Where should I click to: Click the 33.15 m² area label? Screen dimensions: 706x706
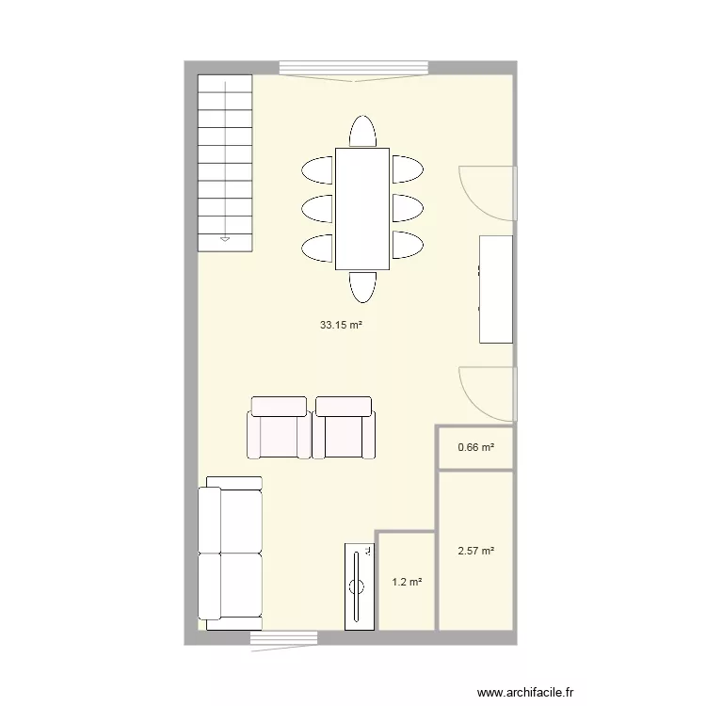coord(342,326)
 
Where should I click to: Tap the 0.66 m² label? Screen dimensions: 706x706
coord(475,447)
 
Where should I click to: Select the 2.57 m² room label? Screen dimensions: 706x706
coord(475,552)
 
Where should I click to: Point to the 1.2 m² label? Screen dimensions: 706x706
coord(406,583)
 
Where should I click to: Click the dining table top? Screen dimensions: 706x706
coord(361,208)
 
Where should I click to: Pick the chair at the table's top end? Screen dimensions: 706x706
coord(361,132)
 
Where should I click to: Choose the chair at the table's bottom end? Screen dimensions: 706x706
coord(361,285)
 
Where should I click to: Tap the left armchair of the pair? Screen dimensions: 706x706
coord(278,428)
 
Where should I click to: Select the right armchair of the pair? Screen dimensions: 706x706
coord(344,428)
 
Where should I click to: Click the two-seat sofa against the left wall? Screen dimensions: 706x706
coord(231,553)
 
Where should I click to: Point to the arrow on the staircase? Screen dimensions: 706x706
coord(225,240)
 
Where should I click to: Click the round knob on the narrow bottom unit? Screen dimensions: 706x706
coord(357,586)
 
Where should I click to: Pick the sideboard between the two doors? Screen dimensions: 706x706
coord(496,289)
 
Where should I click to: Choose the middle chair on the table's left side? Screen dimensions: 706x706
coord(317,207)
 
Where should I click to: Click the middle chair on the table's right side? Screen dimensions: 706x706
coord(406,207)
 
